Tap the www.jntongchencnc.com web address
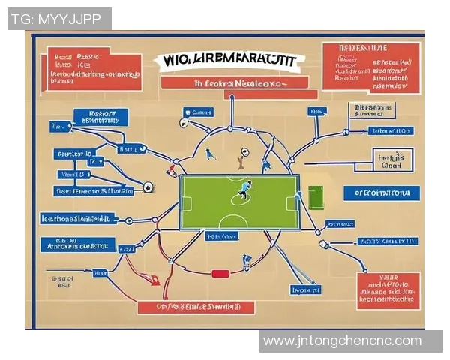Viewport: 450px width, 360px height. coord(342,341)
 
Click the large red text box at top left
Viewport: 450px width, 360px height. coord(93,69)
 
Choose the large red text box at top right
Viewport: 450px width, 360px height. coord(371,67)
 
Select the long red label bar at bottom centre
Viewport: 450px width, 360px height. coord(196,307)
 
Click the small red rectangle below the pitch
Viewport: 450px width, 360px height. coord(220,274)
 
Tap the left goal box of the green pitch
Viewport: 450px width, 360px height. coord(185,203)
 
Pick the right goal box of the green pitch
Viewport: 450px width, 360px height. coord(293,202)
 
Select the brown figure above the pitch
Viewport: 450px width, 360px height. coord(241,159)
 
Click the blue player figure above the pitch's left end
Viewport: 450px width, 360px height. coord(211,154)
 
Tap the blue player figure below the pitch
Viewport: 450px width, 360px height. coord(247,262)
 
